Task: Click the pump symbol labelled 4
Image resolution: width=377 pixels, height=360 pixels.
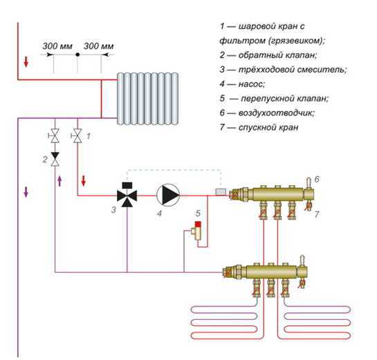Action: click(x=168, y=195)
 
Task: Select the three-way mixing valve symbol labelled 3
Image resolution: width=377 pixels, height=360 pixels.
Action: click(x=127, y=196)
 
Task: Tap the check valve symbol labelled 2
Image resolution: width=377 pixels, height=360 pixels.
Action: click(x=55, y=159)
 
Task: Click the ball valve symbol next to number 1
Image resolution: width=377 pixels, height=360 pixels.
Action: click(x=77, y=136)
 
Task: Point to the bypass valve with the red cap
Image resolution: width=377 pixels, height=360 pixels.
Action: click(x=197, y=231)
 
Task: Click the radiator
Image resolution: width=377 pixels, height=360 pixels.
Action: click(x=147, y=99)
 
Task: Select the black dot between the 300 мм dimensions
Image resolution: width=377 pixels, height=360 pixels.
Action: click(x=77, y=55)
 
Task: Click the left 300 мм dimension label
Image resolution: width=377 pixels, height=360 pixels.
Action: click(x=57, y=46)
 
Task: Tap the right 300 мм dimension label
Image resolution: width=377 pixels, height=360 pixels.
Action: click(x=98, y=46)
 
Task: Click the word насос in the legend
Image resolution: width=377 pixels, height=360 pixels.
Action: click(x=252, y=84)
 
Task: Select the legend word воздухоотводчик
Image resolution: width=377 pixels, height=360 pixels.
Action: click(x=276, y=113)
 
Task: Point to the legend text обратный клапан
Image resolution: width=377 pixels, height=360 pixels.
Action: click(x=277, y=55)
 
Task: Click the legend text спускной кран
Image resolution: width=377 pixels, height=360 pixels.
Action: click(x=268, y=127)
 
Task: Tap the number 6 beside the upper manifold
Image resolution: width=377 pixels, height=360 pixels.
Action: click(x=317, y=179)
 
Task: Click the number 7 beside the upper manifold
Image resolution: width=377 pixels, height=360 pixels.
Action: click(x=317, y=214)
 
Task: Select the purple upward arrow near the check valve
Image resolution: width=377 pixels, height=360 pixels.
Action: click(x=59, y=181)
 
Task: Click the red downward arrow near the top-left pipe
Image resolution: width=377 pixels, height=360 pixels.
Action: click(x=26, y=62)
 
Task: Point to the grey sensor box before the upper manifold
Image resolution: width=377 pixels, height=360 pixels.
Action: click(x=221, y=191)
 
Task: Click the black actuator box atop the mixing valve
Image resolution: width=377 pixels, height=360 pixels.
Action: click(x=127, y=185)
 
